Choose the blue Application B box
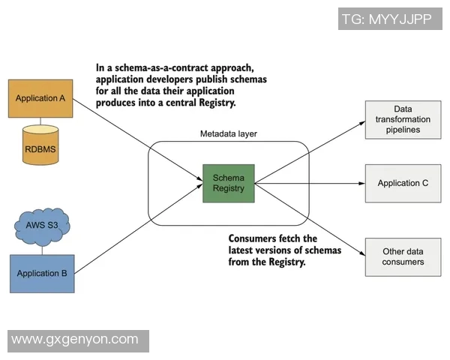tap(42, 273)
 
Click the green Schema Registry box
tap(229, 183)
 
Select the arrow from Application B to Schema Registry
tap(142, 228)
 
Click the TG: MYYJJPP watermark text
tap(387, 19)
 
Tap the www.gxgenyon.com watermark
tap(75, 340)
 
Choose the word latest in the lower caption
tap(243, 250)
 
